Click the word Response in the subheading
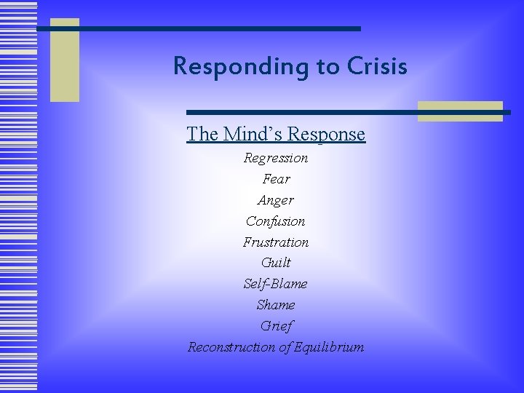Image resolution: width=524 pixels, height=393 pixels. (327, 135)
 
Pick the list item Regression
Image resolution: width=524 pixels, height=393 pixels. (276, 158)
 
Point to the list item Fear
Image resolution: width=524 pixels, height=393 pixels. (276, 178)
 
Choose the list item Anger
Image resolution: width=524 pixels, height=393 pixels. (276, 199)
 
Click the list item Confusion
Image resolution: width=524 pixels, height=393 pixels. (276, 221)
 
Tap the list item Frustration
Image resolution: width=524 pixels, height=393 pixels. (276, 242)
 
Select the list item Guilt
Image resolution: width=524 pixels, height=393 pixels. (276, 263)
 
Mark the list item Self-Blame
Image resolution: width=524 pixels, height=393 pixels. (276, 284)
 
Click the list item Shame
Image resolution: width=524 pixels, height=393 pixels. (276, 305)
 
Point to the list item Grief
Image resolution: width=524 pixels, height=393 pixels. (276, 326)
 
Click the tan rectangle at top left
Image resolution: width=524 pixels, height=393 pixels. (64, 60)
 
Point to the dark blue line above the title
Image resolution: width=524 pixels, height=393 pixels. (204, 28)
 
